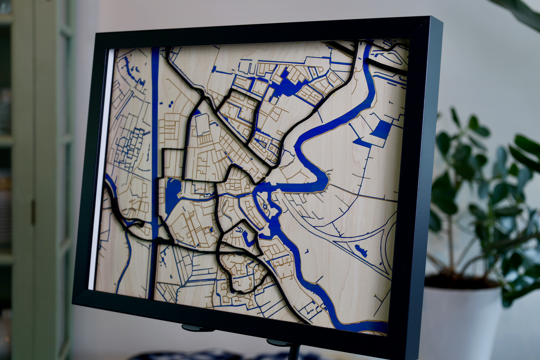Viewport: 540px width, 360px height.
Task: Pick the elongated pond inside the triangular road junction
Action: (361, 250)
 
